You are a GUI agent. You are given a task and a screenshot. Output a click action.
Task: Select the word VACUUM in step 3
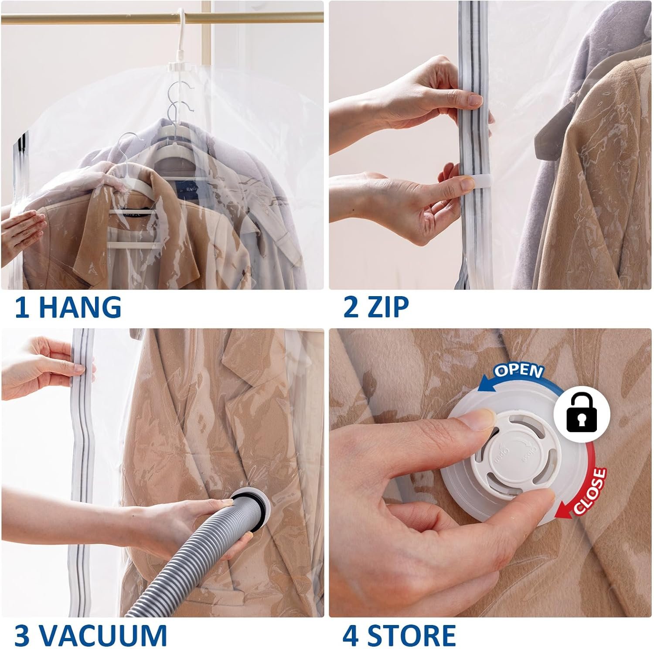coord(105,635)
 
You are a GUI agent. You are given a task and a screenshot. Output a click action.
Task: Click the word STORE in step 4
coord(412,635)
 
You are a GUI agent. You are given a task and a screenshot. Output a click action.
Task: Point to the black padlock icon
coord(582,412)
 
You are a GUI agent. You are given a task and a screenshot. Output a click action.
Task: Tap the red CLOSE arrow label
coord(589,491)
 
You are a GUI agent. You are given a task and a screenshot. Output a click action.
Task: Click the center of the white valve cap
coord(514,458)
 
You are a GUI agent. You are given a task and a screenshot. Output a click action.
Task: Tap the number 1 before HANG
coord(22,307)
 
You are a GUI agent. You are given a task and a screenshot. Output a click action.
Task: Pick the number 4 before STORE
coord(351,635)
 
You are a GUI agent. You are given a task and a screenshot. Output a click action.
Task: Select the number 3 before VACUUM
coord(23,635)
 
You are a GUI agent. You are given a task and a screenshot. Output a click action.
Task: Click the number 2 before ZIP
coord(351,307)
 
